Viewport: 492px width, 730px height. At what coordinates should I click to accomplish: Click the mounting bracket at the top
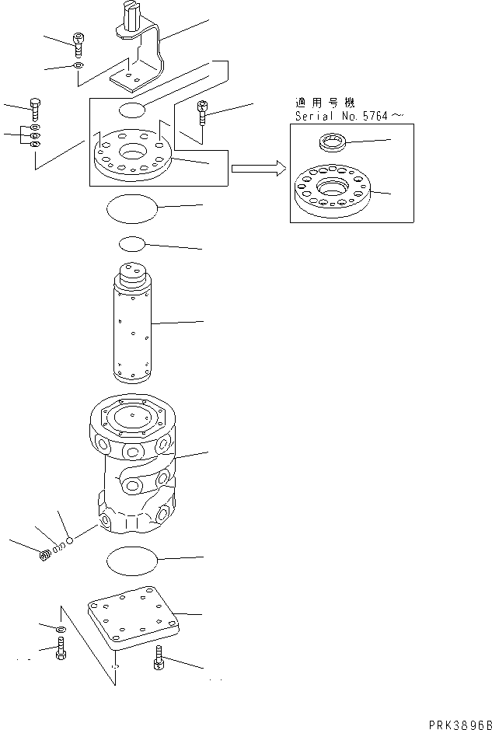click(145, 54)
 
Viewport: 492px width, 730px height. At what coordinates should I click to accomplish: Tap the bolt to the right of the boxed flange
click(203, 115)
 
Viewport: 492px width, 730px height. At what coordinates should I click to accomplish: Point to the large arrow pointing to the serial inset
click(255, 168)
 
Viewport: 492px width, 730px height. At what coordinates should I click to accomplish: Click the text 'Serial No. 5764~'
click(349, 116)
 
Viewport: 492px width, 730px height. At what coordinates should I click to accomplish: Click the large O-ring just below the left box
click(131, 209)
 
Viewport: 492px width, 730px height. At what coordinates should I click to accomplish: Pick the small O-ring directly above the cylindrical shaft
click(132, 245)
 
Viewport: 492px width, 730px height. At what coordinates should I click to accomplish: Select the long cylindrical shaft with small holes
click(134, 327)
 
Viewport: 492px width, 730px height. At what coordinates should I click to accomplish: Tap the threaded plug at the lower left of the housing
click(46, 554)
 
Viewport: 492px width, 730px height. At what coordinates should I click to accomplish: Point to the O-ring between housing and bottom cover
click(131, 559)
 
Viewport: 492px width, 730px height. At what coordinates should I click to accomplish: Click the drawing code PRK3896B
click(458, 722)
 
